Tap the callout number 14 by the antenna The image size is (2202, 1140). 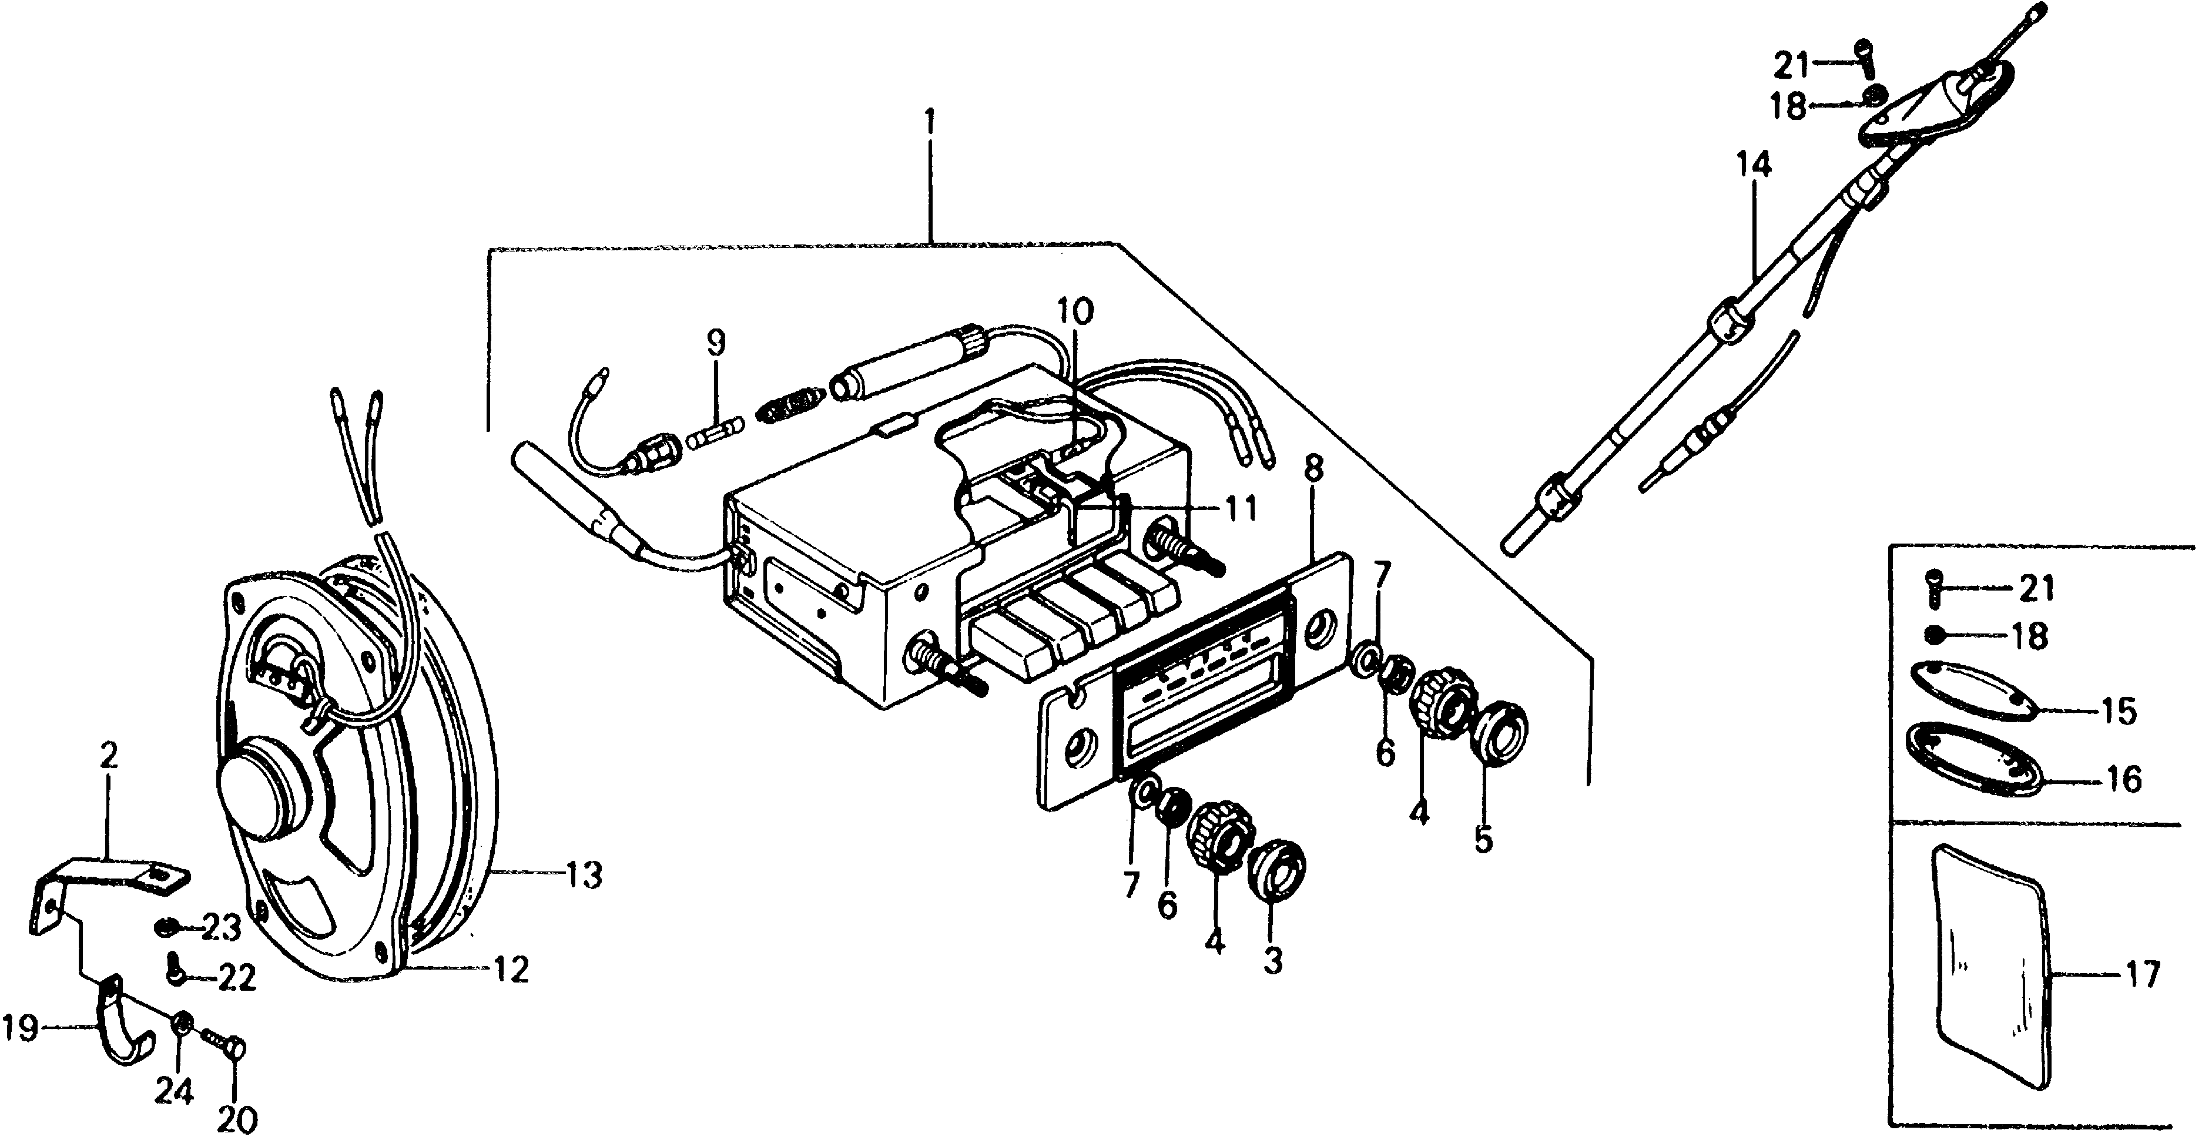tap(1753, 166)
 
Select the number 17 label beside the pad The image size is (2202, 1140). tap(2144, 975)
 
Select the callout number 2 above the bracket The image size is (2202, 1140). tap(109, 756)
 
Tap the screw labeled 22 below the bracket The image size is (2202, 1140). tap(175, 970)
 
